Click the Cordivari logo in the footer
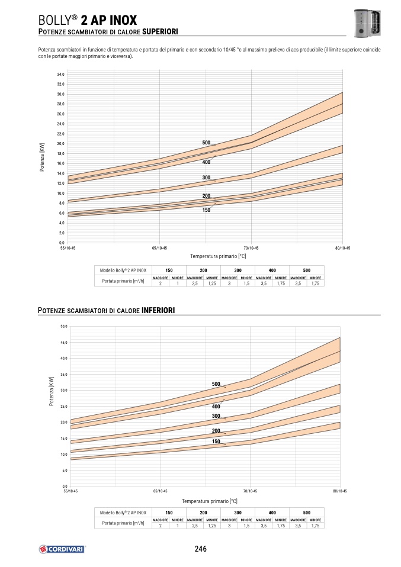(x=62, y=549)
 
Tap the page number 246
(x=200, y=549)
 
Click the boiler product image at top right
(x=366, y=23)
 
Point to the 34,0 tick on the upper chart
(x=60, y=75)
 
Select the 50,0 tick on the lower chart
(x=63, y=326)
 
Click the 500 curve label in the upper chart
(x=206, y=143)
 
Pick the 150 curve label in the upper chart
(x=206, y=210)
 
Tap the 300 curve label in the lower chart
(x=216, y=416)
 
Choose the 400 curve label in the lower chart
(x=216, y=407)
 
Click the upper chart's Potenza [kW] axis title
(x=42, y=157)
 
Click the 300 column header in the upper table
(x=238, y=270)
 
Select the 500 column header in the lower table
(x=306, y=512)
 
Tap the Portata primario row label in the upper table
(x=123, y=281)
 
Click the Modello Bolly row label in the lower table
(x=123, y=512)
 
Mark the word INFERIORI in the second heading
(x=158, y=310)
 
